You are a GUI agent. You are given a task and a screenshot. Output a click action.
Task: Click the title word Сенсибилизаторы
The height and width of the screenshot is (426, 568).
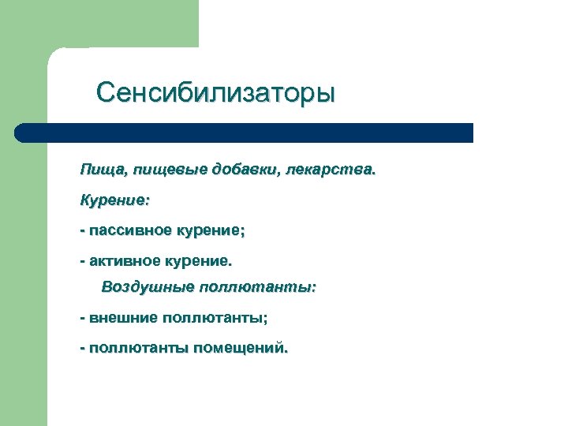215,93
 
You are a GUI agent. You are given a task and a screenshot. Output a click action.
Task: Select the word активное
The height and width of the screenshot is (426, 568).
129,259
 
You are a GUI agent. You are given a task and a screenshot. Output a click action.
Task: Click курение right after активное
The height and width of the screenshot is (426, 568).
203,259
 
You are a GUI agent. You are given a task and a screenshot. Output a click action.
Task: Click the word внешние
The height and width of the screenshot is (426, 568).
122,317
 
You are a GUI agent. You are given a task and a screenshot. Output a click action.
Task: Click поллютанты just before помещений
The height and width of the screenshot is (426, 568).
137,347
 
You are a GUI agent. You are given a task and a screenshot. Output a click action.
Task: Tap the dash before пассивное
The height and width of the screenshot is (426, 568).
82,231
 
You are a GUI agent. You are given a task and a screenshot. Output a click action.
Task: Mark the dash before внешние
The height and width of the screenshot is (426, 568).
82,318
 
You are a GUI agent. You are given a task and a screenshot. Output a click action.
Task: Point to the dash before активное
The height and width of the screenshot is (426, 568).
82,260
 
